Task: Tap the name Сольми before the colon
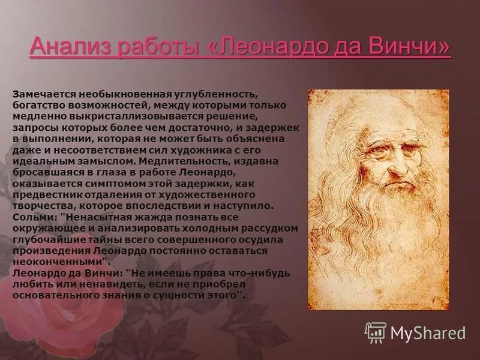pos(30,217)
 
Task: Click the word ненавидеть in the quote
pos(96,283)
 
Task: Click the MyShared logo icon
pos(376,332)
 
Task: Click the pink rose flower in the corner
pos(48,324)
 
